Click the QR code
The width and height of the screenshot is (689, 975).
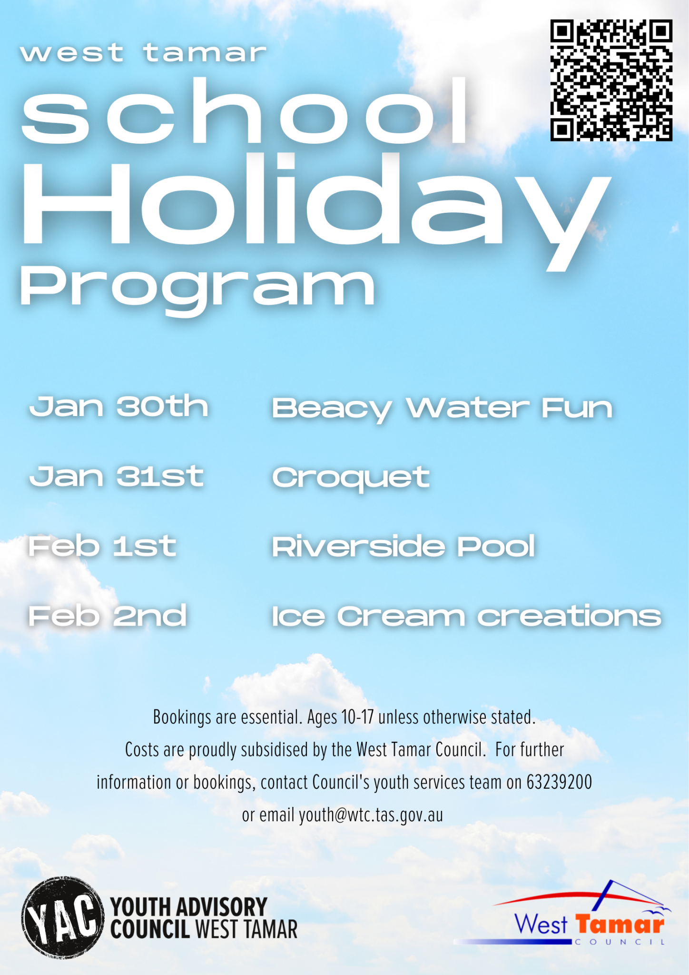pos(611,80)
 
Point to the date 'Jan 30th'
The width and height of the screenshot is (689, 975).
pos(119,407)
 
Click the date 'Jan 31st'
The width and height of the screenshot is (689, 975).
pos(117,476)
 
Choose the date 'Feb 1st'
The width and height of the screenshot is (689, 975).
pos(102,546)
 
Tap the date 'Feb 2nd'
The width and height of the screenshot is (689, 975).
pos(108,616)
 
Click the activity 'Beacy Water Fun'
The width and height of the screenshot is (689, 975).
pos(442,409)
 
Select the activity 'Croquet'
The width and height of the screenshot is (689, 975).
pos(351,478)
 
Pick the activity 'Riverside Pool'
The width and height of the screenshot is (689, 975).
pos(404,546)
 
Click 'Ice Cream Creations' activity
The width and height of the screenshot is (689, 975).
pos(467,616)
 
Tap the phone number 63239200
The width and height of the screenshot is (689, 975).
pos(559,782)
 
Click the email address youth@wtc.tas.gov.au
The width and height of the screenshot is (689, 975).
pos(371,815)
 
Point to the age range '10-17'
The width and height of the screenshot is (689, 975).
pos(357,717)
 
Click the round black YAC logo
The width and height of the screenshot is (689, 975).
pos(62,917)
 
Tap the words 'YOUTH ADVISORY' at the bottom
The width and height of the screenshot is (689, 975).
pos(189,907)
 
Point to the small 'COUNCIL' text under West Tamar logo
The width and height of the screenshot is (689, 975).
pos(620,942)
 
